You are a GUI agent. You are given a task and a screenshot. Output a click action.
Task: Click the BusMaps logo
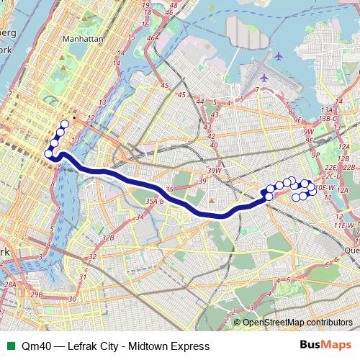(325, 346)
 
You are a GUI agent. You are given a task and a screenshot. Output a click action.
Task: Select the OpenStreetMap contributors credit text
(298, 322)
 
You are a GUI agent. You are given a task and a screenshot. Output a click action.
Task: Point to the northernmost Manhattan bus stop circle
(65, 124)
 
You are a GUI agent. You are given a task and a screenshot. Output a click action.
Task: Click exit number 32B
(108, 237)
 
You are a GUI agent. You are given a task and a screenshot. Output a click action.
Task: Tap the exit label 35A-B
(155, 202)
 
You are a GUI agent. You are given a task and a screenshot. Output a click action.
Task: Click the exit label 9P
(316, 153)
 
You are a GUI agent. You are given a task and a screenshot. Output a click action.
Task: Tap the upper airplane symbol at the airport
(279, 55)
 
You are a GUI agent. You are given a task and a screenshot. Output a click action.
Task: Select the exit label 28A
(10, 285)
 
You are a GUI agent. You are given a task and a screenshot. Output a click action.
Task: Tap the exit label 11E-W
(343, 225)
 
